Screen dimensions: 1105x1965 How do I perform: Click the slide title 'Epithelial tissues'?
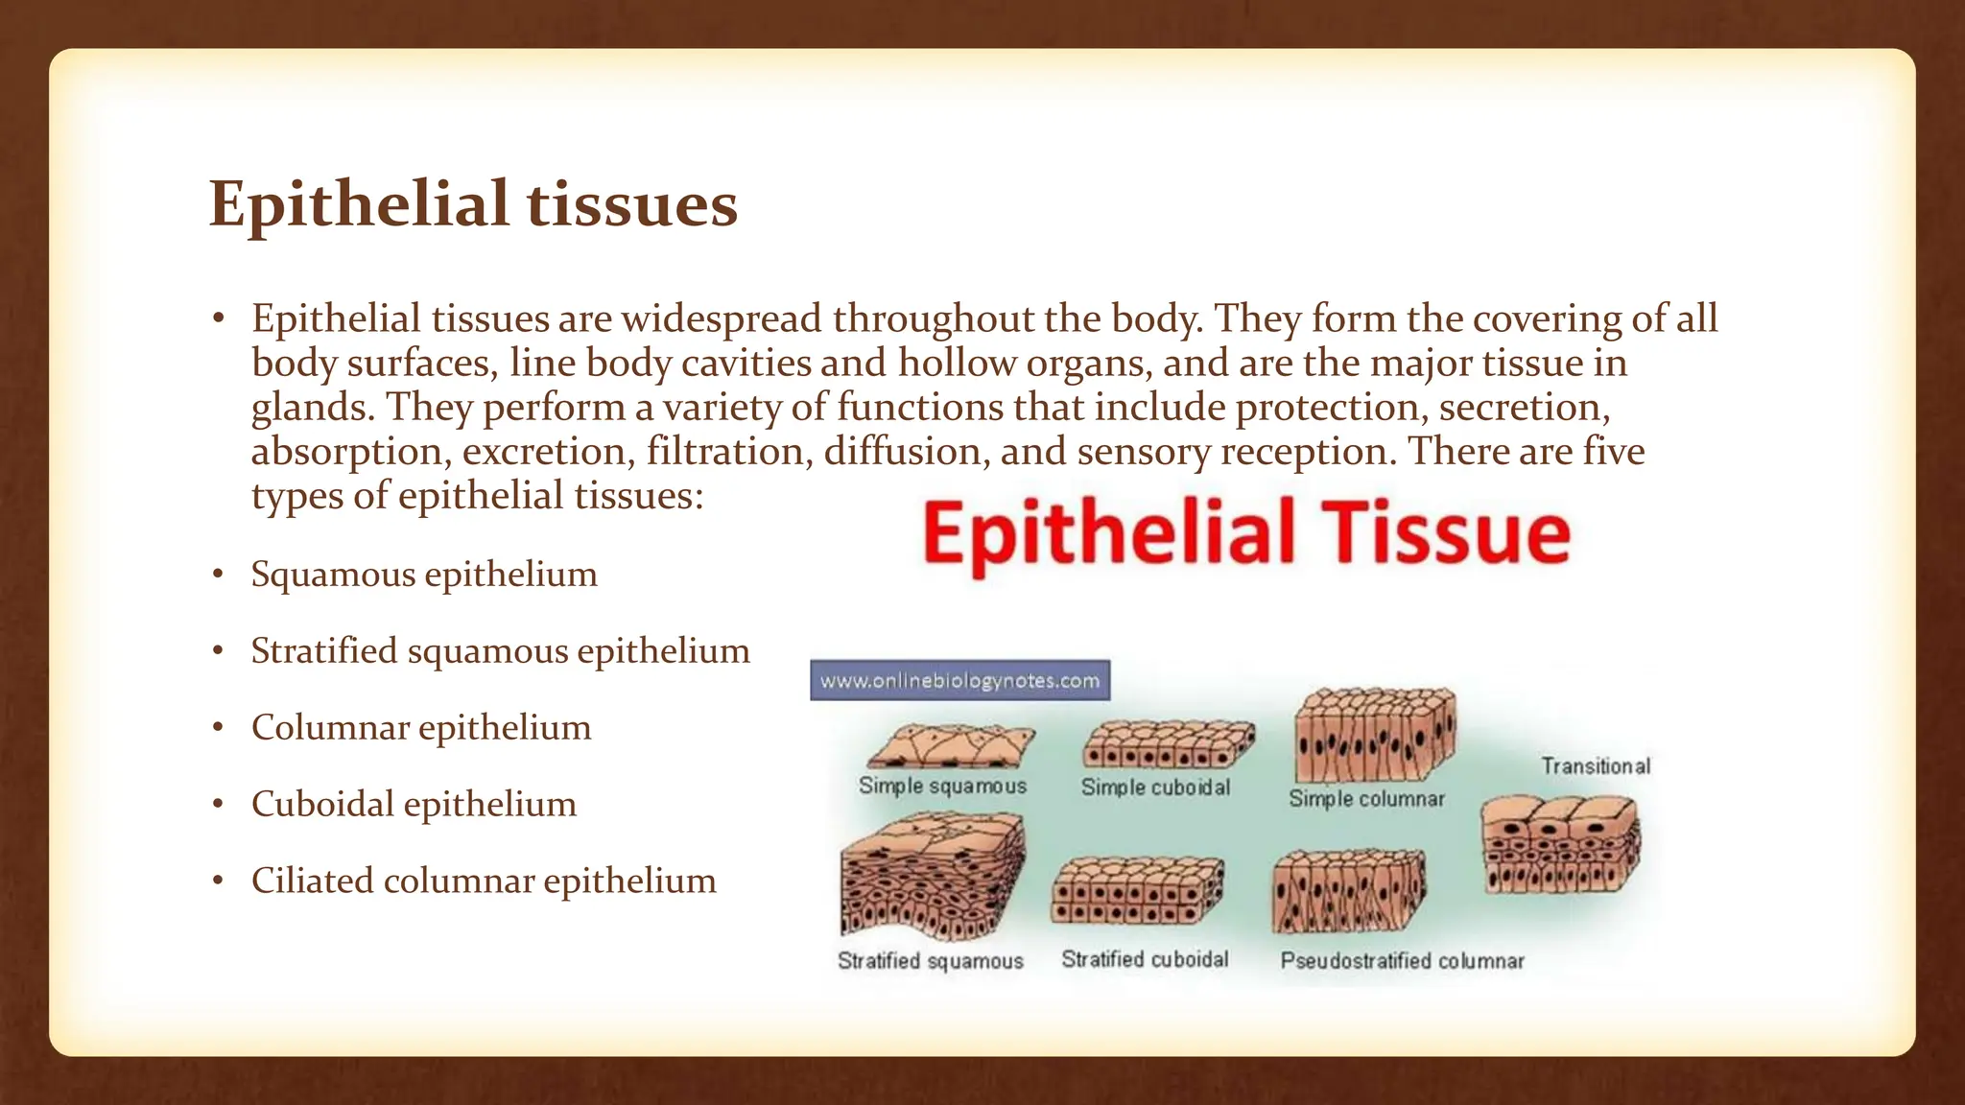point(473,204)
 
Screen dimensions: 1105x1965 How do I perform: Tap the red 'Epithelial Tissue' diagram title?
point(1245,533)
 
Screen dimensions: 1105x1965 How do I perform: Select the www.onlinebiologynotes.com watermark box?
point(959,680)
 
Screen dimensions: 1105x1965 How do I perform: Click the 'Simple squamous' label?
point(942,786)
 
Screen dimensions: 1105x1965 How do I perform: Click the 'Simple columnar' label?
point(1366,798)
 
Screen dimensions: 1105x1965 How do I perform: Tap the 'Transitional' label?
point(1596,765)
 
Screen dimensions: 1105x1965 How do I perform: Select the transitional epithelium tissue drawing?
point(1559,845)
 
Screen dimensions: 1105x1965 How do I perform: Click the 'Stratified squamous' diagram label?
point(930,960)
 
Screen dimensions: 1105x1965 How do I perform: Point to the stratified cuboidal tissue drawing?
point(1138,890)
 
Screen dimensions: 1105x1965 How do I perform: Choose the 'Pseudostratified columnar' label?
point(1402,960)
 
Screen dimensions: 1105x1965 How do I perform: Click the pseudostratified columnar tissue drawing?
point(1348,892)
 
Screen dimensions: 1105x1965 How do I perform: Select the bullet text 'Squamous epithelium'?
point(424,574)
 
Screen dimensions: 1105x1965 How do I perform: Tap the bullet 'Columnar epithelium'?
point(421,727)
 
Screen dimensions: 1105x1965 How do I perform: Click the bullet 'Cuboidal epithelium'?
point(414,804)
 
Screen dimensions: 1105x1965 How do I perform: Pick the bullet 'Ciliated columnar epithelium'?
point(484,881)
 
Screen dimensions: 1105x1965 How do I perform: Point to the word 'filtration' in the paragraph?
point(725,451)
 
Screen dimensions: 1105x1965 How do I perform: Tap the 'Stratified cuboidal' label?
point(1145,959)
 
